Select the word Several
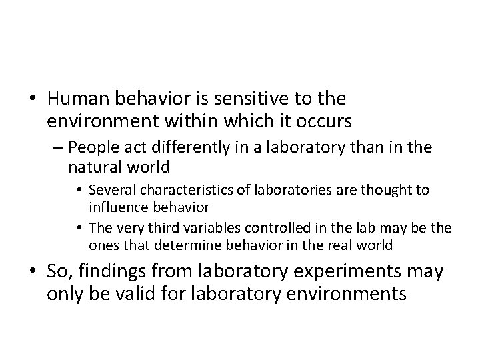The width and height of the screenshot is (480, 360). [109, 190]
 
